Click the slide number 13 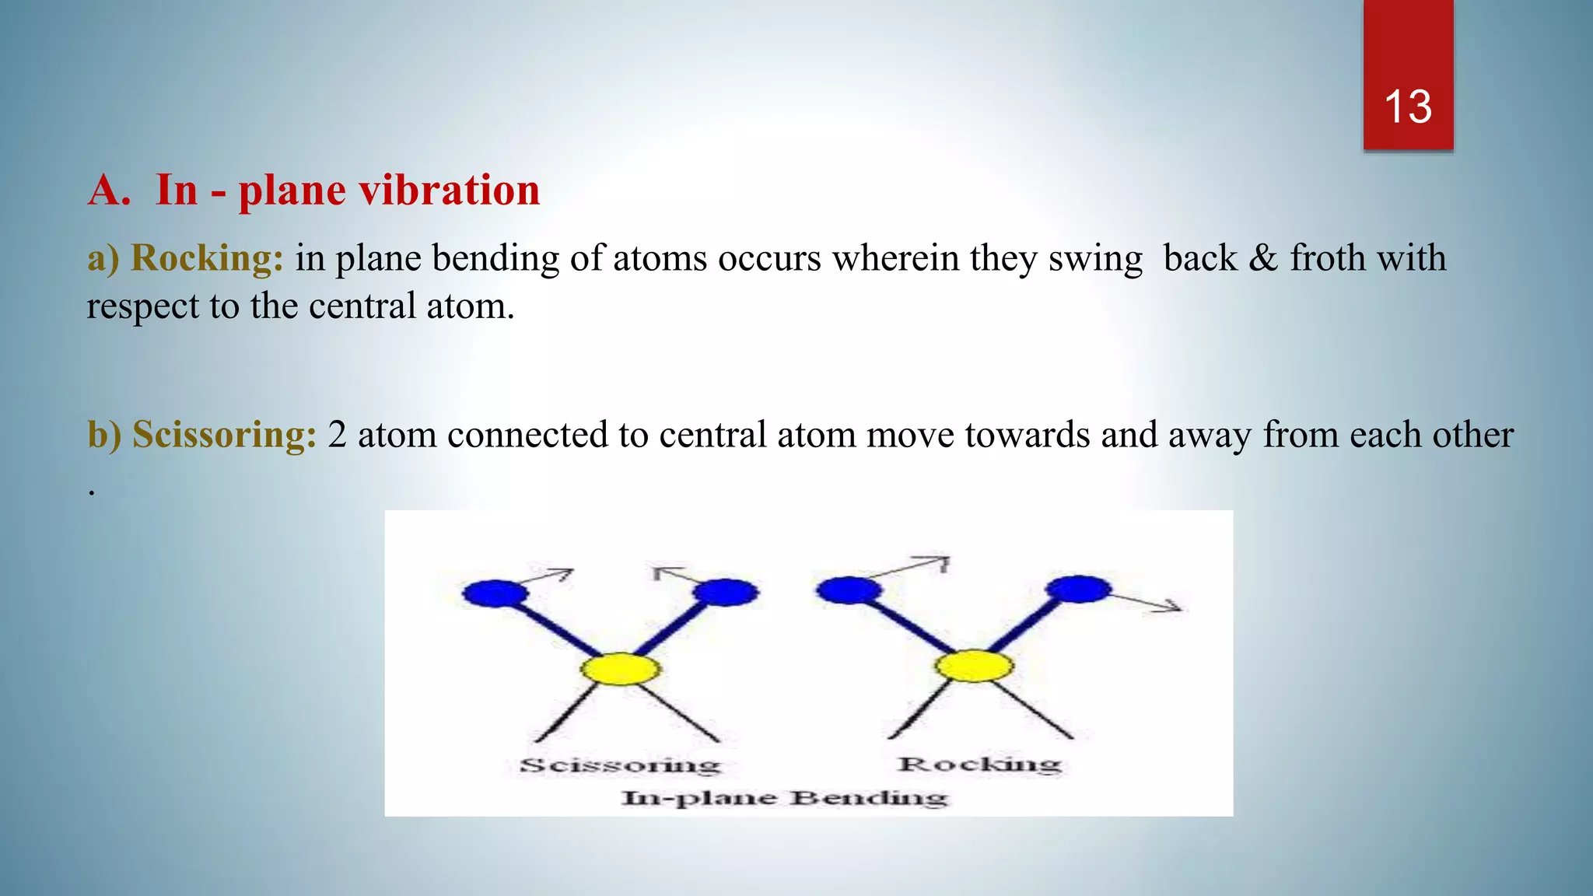[x=1407, y=107]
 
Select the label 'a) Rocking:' [x=185, y=258]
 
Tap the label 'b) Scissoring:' [x=201, y=435]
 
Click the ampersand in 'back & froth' [x=1263, y=258]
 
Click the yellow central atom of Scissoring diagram [x=620, y=669]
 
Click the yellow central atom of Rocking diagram [x=973, y=667]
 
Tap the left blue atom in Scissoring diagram [x=495, y=594]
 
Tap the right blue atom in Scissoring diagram [x=726, y=593]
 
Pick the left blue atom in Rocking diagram [x=849, y=590]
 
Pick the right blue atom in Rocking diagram [x=1078, y=589]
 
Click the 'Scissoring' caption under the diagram [x=620, y=765]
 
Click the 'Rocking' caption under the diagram [x=979, y=764]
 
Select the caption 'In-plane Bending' [x=784, y=798]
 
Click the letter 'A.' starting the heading [x=109, y=191]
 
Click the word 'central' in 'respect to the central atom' [x=362, y=306]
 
